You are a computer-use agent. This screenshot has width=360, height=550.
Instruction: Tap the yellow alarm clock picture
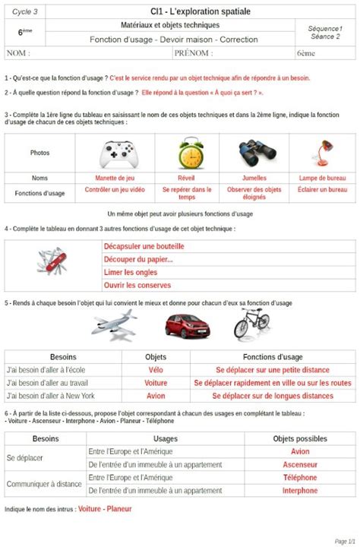(189, 153)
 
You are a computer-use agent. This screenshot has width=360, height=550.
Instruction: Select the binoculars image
(254, 153)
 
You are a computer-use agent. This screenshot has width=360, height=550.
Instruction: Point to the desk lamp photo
(321, 153)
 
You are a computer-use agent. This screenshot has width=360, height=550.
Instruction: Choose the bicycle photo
(251, 323)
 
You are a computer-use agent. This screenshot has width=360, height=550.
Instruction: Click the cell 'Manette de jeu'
(120, 178)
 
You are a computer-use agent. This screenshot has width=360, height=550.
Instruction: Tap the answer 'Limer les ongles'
(131, 272)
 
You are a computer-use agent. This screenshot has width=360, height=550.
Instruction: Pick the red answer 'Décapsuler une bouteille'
(144, 246)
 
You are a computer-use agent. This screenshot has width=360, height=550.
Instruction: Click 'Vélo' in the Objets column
(156, 370)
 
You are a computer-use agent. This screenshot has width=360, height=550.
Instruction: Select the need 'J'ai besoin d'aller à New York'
(50, 396)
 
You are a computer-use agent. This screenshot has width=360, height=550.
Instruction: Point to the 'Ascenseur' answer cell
(299, 464)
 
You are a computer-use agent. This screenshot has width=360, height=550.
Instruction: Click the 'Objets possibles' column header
(300, 438)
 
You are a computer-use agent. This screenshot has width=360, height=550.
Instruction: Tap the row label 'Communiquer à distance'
(44, 483)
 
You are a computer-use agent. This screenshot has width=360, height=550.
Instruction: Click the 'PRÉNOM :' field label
(194, 53)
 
